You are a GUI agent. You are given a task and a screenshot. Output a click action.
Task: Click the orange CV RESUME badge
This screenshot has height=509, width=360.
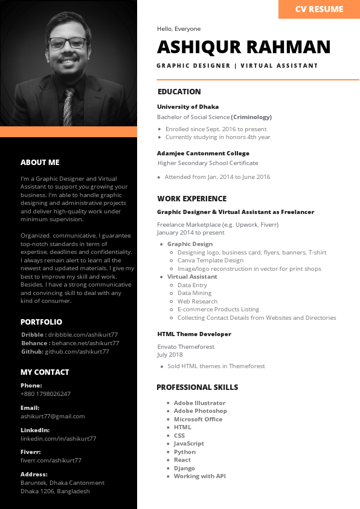[319, 9]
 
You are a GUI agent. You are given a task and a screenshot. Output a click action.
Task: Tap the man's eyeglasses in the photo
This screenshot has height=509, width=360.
[67, 44]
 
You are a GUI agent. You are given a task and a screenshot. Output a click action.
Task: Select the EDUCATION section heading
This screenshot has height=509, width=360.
[179, 92]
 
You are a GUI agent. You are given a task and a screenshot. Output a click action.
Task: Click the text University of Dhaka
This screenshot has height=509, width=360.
[188, 106]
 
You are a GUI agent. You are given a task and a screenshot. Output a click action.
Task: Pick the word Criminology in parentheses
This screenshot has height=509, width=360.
[251, 117]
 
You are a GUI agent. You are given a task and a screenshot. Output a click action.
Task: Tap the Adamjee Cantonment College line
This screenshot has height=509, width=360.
[203, 153]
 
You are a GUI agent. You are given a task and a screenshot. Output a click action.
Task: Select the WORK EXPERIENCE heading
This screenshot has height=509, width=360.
[191, 198]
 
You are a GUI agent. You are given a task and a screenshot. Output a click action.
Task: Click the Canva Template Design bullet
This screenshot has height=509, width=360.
[210, 261]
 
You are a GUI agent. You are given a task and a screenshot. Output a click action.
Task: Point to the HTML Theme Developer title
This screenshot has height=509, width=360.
[194, 334]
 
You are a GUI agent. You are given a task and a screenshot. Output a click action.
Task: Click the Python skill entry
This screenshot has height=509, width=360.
[184, 452]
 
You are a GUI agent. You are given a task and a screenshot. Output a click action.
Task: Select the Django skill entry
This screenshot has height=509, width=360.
[184, 468]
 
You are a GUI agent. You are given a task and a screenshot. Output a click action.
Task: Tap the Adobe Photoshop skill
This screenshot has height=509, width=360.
[200, 410]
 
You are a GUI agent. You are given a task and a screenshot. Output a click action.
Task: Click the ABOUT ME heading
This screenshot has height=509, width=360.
[40, 162]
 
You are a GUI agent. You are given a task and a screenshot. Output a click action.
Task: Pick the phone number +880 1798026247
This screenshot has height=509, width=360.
[45, 394]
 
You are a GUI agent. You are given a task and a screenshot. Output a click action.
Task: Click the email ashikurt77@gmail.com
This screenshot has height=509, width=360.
[53, 416]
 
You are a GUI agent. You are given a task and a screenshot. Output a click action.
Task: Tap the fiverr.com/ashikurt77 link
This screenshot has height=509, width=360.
[51, 460]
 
